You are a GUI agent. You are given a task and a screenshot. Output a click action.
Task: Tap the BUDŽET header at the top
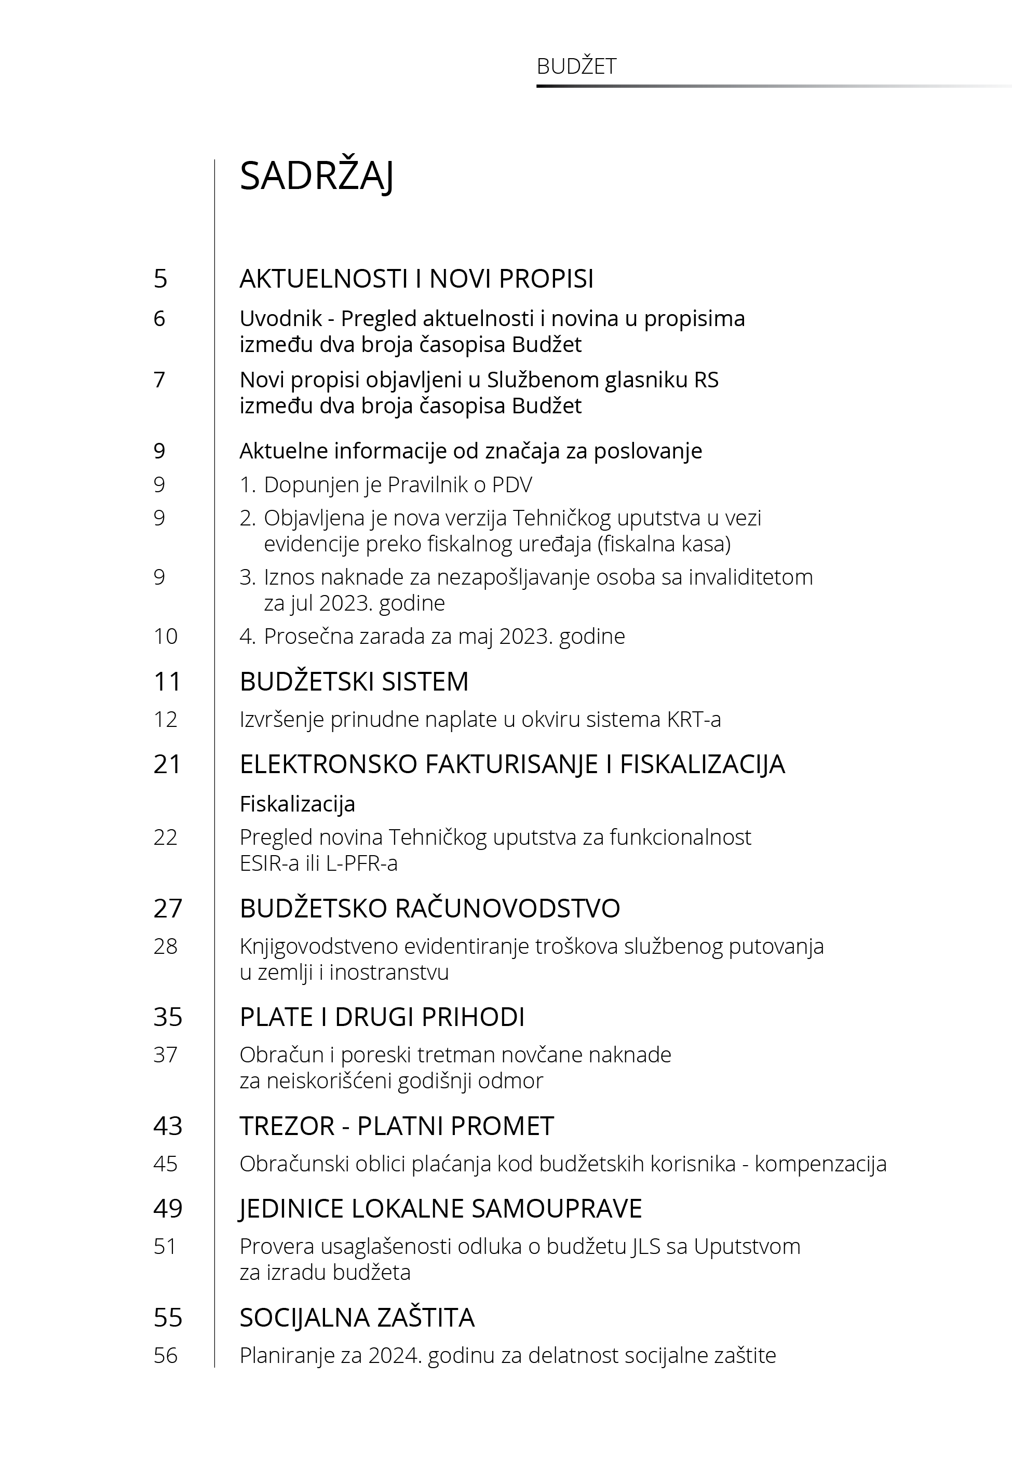(576, 66)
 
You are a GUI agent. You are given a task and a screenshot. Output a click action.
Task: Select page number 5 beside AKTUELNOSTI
(160, 279)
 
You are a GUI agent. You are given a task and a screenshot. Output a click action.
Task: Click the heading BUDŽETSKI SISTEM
(354, 681)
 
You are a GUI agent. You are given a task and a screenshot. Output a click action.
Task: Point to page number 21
(167, 764)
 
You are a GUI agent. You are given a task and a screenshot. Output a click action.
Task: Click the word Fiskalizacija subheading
(297, 804)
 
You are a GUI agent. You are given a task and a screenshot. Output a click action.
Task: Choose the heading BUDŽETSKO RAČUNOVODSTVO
(429, 909)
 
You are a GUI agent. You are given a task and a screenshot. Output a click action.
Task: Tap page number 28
(166, 947)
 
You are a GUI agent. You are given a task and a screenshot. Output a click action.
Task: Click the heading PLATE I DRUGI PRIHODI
(382, 1017)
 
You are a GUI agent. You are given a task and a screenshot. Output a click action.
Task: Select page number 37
(166, 1055)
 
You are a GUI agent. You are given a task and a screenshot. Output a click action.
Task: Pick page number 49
(167, 1209)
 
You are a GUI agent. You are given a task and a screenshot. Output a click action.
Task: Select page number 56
(166, 1355)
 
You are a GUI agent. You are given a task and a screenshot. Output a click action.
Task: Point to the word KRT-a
(694, 720)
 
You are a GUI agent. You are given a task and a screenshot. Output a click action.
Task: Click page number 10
(166, 637)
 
